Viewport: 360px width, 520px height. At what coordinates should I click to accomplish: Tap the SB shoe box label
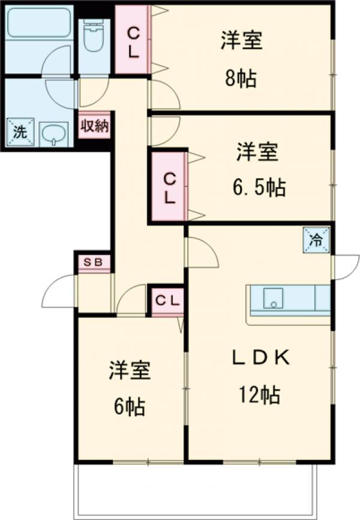click(93, 262)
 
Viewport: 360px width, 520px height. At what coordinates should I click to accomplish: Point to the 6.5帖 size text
click(259, 188)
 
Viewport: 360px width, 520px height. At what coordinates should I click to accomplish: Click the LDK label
click(262, 358)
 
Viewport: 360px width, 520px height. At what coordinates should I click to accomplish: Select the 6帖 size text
click(128, 407)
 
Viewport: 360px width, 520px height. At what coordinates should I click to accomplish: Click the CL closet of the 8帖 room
click(133, 41)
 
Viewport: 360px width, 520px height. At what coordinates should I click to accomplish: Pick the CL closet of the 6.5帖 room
click(170, 187)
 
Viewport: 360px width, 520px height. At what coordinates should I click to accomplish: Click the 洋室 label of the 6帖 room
click(129, 371)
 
